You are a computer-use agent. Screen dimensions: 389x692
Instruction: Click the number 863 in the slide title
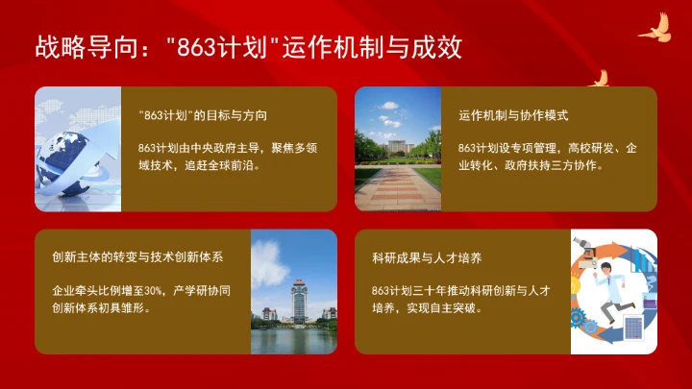[199, 46]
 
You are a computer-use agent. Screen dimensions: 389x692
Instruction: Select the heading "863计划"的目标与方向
[202, 115]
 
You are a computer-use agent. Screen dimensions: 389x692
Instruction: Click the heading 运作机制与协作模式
[514, 115]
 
